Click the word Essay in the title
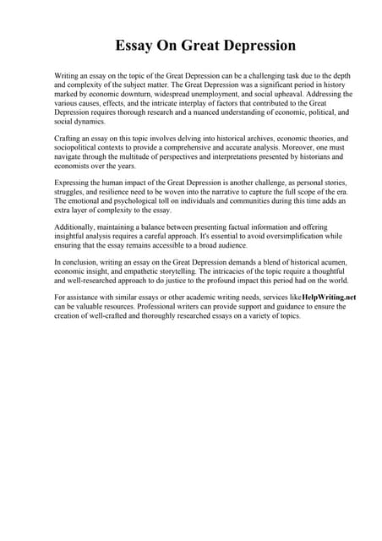(x=139, y=45)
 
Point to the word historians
(x=301, y=157)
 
